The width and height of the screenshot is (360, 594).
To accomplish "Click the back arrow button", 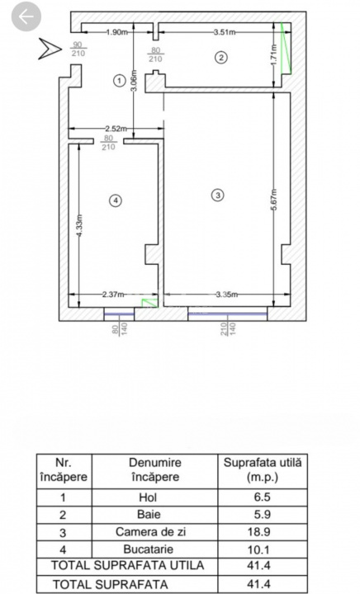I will pyautogui.click(x=26, y=16).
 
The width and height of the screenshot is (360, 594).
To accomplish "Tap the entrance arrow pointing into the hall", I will pyautogui.click(x=50, y=49).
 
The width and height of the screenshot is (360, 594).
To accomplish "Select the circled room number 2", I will pyautogui.click(x=220, y=57).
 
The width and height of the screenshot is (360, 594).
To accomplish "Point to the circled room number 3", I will pyautogui.click(x=217, y=196).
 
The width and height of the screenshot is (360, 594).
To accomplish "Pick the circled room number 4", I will pyautogui.click(x=116, y=200).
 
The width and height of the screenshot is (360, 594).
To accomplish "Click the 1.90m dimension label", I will pyautogui.click(x=117, y=32).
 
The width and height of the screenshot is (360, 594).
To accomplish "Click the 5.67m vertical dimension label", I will pyautogui.click(x=273, y=201).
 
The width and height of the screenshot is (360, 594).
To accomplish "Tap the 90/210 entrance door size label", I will pyautogui.click(x=78, y=49).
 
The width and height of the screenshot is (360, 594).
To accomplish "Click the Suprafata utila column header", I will pyautogui.click(x=263, y=469).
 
